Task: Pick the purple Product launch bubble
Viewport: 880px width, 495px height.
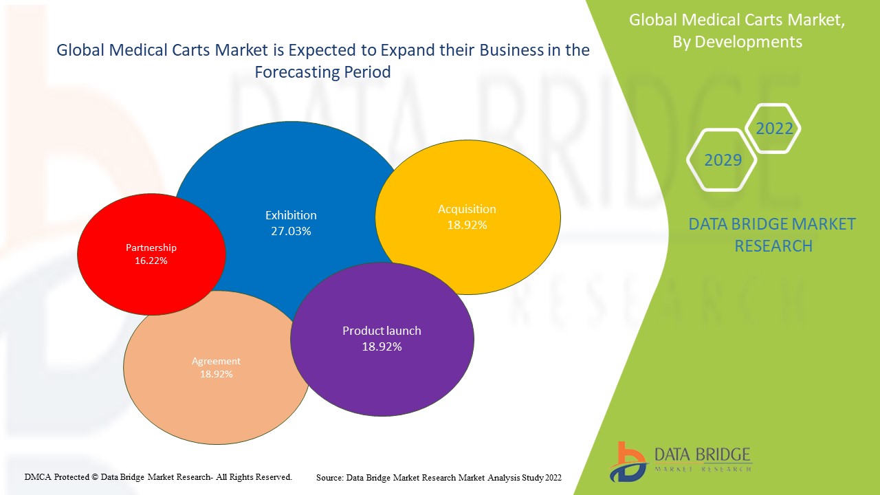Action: [x=382, y=371]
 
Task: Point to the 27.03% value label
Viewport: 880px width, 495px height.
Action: [x=291, y=232]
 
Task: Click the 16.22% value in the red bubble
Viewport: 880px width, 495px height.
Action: [x=151, y=261]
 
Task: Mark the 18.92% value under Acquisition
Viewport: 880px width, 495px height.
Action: [x=467, y=225]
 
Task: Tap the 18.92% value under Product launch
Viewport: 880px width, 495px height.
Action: [x=382, y=347]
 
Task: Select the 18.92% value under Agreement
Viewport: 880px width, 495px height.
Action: [x=216, y=375]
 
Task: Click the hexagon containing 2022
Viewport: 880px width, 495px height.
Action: [x=774, y=129]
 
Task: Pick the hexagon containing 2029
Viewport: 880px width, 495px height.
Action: [x=723, y=160]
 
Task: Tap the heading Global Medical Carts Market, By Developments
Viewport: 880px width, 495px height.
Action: [x=737, y=31]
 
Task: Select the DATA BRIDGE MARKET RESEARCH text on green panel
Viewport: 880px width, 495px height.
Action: [x=773, y=235]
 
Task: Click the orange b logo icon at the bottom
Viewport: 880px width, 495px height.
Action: [x=626, y=461]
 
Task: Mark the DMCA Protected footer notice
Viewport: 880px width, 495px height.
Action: [x=159, y=476]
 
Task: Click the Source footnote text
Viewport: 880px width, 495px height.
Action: [x=439, y=477]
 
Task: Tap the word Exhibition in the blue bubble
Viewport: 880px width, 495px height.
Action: [x=291, y=215]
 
